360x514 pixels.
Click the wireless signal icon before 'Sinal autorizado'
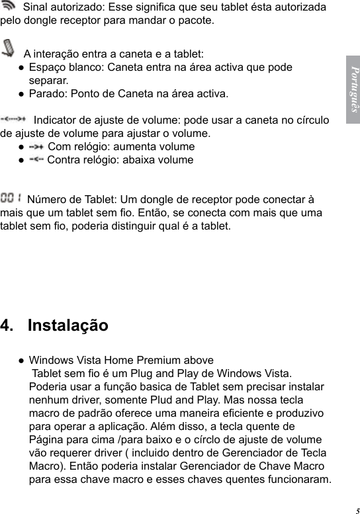(x=10, y=7)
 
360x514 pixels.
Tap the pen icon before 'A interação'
(x=11, y=48)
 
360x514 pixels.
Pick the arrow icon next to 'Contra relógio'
(x=36, y=159)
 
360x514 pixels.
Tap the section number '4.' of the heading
(x=9, y=325)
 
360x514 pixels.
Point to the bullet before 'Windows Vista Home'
(x=22, y=361)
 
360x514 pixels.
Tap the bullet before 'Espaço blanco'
(x=22, y=67)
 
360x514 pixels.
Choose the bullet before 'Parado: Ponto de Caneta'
(x=22, y=94)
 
